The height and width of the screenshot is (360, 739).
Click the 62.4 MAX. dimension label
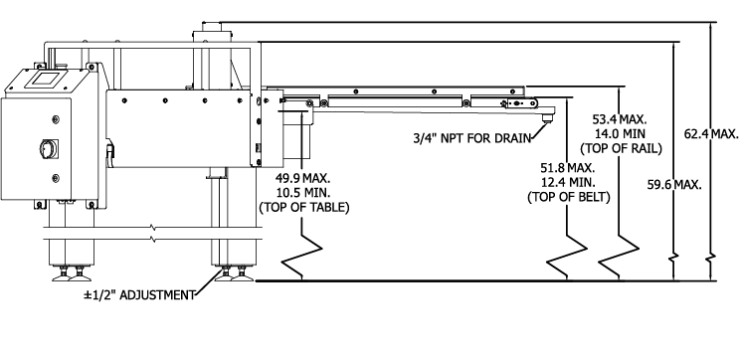tap(711, 134)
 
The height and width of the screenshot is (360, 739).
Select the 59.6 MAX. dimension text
tap(674, 185)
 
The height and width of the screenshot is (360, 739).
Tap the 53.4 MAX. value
tap(620, 118)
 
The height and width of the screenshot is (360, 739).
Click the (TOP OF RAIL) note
tap(622, 148)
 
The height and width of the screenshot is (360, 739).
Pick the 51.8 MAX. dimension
tap(568, 167)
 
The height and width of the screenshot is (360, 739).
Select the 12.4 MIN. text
tap(569, 182)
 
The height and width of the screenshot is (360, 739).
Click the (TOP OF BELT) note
tap(569, 198)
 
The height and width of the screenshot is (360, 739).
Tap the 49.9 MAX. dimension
tap(303, 178)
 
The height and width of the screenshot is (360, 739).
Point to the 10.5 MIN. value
tap(304, 192)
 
